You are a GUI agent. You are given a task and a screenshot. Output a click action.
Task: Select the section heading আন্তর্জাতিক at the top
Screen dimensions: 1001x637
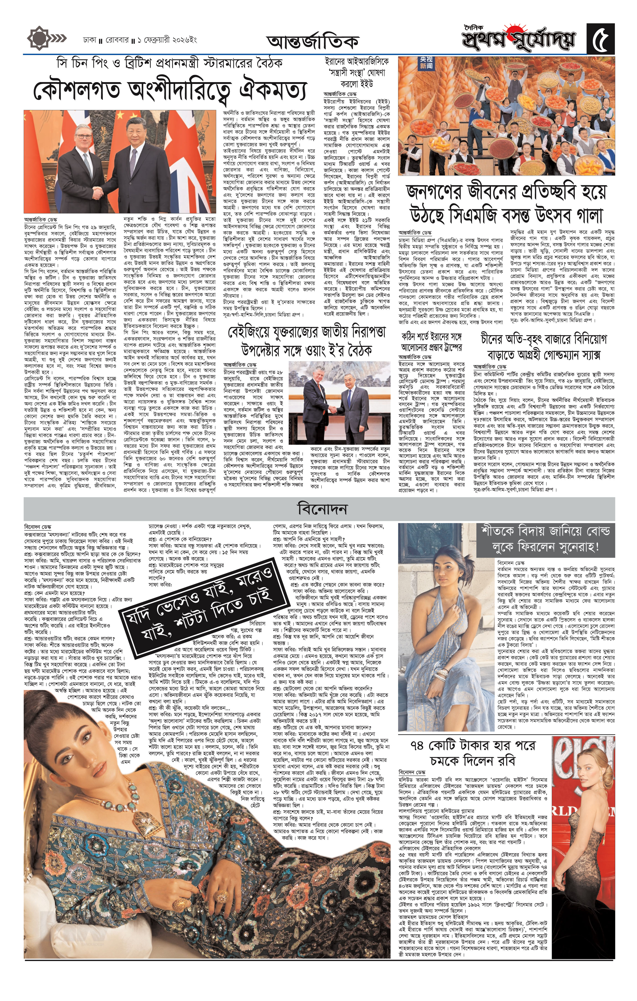click(312, 42)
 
